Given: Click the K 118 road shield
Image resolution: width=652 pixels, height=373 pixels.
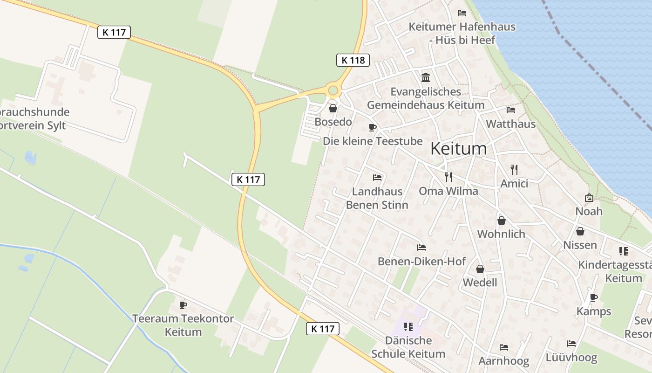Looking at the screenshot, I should [x=353, y=60].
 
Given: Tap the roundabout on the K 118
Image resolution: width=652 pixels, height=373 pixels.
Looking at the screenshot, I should [x=333, y=90].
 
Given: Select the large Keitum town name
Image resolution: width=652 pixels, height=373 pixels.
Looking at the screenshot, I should [x=458, y=149].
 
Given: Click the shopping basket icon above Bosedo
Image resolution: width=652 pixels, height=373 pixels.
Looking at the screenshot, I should [x=333, y=109].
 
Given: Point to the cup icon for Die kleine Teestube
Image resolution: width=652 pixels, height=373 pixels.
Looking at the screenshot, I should [x=372, y=127].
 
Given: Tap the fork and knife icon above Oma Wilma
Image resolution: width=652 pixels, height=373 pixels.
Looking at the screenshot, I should [x=448, y=177].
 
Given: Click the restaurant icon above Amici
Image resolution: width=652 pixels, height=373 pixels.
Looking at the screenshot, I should [x=514, y=170].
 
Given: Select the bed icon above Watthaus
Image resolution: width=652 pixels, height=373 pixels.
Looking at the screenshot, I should [x=511, y=110].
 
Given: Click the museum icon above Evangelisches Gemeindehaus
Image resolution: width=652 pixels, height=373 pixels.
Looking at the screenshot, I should [x=426, y=77].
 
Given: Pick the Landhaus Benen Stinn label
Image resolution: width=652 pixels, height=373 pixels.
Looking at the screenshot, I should [x=377, y=198].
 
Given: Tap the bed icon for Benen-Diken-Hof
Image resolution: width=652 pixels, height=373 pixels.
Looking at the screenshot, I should [x=421, y=248].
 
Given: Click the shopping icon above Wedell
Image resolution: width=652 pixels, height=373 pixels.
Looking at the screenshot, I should [x=480, y=269].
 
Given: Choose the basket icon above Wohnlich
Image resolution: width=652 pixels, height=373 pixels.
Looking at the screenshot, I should [x=502, y=221].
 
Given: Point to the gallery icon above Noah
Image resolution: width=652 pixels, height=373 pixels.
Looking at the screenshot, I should [x=589, y=198].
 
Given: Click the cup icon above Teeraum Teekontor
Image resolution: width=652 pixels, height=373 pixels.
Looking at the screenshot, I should [x=183, y=305].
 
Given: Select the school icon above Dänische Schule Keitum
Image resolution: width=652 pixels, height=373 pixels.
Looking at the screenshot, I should [x=408, y=327].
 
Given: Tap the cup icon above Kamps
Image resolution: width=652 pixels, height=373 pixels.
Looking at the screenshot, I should [x=593, y=297].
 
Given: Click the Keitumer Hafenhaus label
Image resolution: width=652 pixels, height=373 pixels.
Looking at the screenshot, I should [x=462, y=33].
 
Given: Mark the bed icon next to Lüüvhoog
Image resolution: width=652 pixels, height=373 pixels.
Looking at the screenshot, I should [x=571, y=344].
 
